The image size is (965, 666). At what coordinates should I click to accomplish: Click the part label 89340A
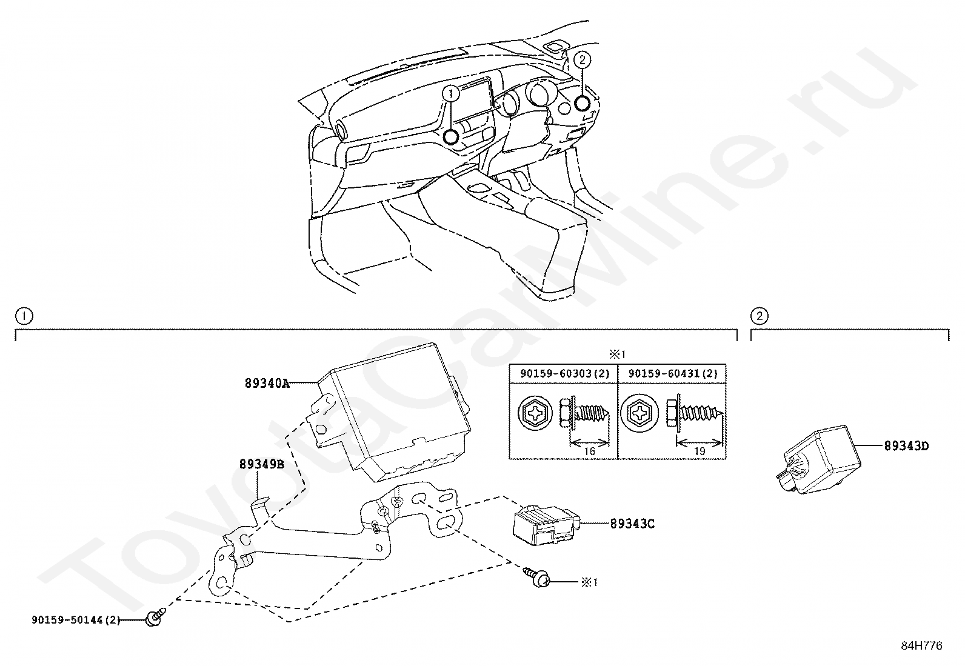pos(267,383)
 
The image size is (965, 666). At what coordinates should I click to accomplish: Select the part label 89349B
pos(261,465)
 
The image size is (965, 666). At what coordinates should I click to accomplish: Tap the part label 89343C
pos(632,524)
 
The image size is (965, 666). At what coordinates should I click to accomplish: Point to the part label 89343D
pos(906,447)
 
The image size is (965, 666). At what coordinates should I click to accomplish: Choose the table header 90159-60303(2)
pos(563,374)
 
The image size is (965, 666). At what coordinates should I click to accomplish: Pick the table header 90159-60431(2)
pos(672,374)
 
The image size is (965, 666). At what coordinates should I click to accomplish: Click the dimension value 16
pos(588,451)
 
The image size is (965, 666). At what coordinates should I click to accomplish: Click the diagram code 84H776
pos(921,645)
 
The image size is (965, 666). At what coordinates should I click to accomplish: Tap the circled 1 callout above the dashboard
pos(451,93)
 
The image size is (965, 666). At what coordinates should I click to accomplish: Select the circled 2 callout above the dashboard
pos(582,59)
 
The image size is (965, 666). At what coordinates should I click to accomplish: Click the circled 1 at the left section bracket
pos(24,316)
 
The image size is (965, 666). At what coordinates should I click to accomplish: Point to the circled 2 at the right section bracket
pos(759,316)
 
